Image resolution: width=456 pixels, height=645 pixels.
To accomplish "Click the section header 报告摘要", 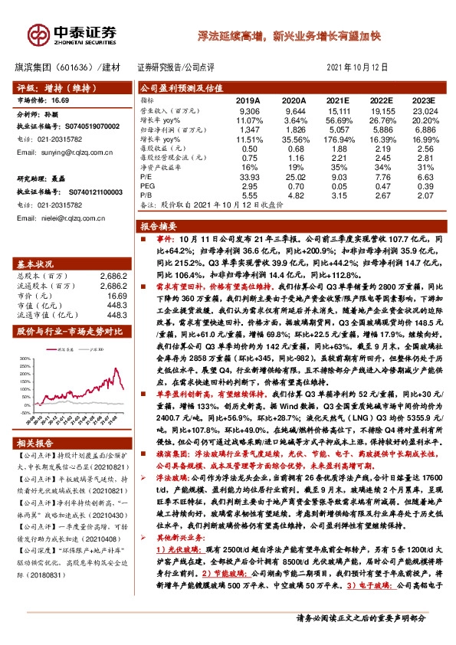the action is point(159,228).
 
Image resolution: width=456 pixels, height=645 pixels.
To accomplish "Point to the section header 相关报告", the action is point(35,443).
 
